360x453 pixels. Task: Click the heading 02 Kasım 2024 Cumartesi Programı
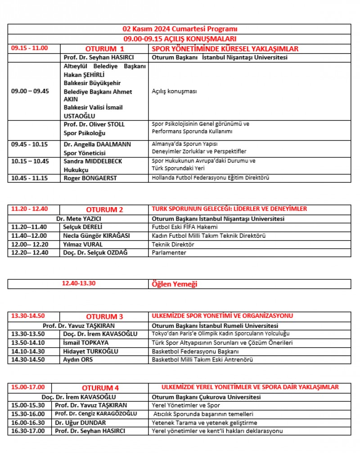[x=180, y=29]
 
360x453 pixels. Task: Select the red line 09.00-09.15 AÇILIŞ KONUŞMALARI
[x=180, y=39]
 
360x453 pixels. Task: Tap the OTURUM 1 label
[x=104, y=49]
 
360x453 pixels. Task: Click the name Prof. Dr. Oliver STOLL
[x=94, y=124]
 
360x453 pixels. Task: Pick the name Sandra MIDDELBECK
[x=93, y=161]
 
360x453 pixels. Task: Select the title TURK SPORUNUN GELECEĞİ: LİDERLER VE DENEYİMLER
[x=229, y=209]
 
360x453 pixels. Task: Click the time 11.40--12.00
[x=30, y=236]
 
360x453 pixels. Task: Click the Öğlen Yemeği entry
[x=175, y=284]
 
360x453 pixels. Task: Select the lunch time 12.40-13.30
[x=79, y=284]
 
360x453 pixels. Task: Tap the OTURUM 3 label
[x=104, y=317]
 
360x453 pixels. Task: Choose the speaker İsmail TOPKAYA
[x=86, y=343]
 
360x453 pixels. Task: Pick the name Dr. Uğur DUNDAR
[x=81, y=422]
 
